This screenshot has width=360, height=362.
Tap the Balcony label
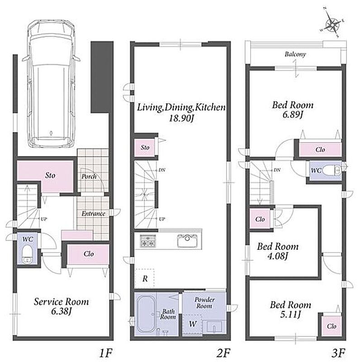click(x=295, y=54)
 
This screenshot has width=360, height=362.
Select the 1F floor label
click(x=105, y=353)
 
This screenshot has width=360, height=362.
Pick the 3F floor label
click(x=338, y=353)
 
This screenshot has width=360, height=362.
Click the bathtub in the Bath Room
click(x=146, y=314)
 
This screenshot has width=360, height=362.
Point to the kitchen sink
click(x=187, y=241)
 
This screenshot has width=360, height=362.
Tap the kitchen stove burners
click(x=148, y=241)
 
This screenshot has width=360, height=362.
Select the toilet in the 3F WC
click(x=332, y=171)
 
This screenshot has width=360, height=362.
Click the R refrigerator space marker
click(x=145, y=279)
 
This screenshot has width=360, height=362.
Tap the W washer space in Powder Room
click(x=192, y=324)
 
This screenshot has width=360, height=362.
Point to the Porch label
click(x=89, y=176)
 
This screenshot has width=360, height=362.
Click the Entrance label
click(x=93, y=214)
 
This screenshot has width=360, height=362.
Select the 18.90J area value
click(x=181, y=119)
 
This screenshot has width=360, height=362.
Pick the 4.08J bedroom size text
click(x=278, y=256)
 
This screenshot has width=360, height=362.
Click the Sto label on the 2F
click(x=145, y=148)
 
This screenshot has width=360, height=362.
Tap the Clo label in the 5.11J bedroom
click(x=332, y=326)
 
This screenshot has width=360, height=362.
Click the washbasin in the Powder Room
click(x=214, y=327)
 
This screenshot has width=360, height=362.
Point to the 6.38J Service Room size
click(x=62, y=311)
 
